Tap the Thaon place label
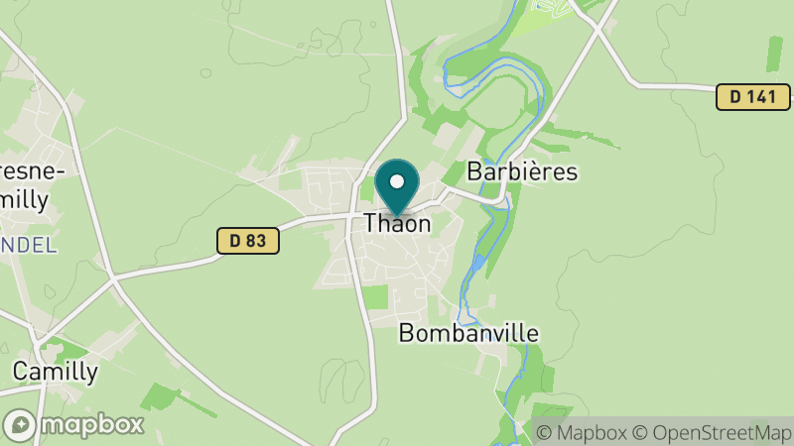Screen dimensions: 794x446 coord(397,224)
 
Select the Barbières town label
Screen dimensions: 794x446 coord(522,171)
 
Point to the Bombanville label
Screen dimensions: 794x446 coord(468,333)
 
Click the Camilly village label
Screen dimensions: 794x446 coord(56,372)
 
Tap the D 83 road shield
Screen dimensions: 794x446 coord(247,240)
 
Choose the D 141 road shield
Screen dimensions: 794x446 coord(752,97)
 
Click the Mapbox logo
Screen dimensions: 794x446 coord(73,424)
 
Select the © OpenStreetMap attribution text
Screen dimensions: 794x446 coord(713,432)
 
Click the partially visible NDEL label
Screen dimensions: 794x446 coord(28,245)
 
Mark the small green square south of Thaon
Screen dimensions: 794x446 coord(376,295)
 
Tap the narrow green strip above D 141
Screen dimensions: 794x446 coord(773,53)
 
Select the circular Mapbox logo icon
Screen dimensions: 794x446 coord(19,425)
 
